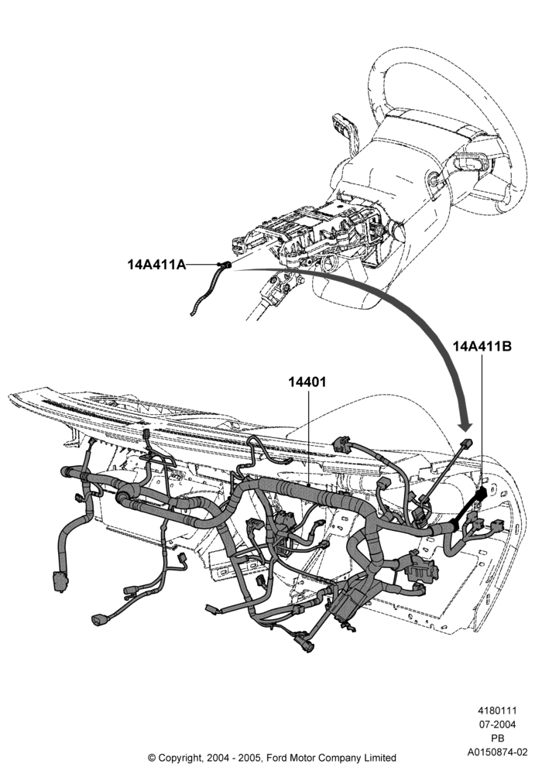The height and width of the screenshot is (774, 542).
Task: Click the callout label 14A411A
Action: pos(156,265)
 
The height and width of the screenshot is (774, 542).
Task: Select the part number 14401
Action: pos(307,382)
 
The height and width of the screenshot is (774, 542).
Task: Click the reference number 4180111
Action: pos(496,711)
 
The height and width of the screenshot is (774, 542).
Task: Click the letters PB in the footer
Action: pos(497,738)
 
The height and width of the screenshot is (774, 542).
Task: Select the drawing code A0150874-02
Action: pos(498,752)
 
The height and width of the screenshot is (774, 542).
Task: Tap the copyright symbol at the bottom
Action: pos(152,757)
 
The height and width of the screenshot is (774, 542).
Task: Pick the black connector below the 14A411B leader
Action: pos(481,494)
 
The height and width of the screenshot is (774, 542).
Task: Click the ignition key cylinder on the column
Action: pos(433,180)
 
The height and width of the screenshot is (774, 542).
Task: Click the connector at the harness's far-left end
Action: pos(60,580)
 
